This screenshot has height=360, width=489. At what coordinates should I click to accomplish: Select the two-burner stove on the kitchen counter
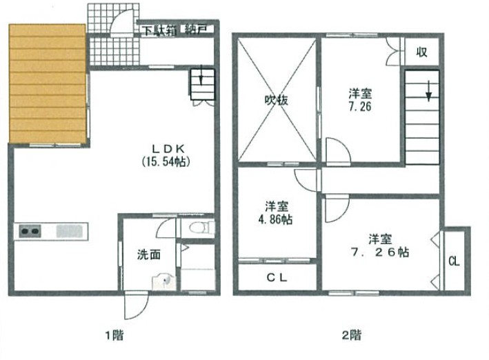tap(30, 231)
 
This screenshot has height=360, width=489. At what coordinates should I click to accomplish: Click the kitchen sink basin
tap(69, 231)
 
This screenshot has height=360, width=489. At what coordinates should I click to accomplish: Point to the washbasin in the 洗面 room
tap(163, 281)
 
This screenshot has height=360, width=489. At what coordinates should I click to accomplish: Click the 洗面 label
tap(149, 255)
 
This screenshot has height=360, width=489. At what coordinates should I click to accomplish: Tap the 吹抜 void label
tap(277, 100)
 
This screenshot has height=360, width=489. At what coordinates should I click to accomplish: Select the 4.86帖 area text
tap(276, 219)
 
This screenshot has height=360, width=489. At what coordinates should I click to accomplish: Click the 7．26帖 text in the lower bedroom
tap(380, 252)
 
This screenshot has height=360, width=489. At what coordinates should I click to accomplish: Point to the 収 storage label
tap(421, 52)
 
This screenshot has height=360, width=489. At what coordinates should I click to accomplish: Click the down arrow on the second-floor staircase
tap(429, 91)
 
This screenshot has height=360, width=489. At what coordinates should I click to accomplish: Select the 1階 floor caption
tap(114, 335)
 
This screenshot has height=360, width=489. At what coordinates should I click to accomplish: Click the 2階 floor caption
tap(352, 335)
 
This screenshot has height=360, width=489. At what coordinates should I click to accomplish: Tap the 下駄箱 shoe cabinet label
tap(160, 30)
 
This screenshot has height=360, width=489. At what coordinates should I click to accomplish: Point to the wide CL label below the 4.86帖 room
tap(277, 278)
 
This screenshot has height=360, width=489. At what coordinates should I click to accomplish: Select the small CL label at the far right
tap(454, 261)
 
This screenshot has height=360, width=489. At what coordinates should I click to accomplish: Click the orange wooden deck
tap(48, 83)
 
